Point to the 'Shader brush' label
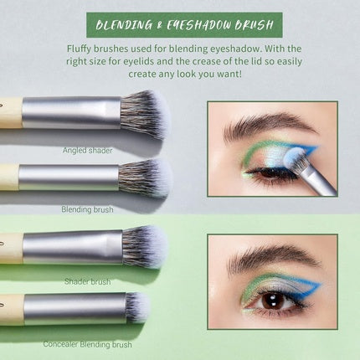[86, 281]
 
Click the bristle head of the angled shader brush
[145, 112]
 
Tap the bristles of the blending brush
[152, 177]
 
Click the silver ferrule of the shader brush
[72, 247]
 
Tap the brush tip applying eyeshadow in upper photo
[295, 157]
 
